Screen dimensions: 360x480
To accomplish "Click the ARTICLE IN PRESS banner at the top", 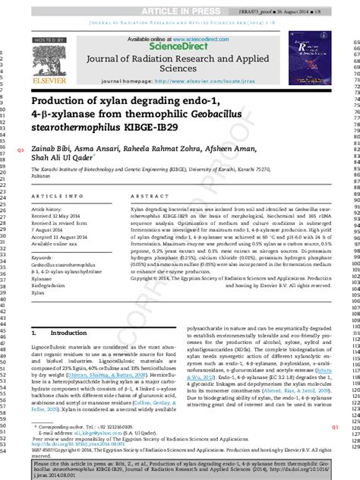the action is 180,6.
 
